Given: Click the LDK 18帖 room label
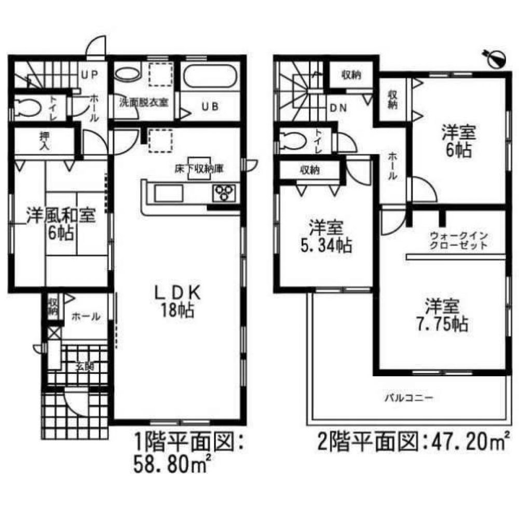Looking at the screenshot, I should coord(176,301).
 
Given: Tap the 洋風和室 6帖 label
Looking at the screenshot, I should coord(61,224).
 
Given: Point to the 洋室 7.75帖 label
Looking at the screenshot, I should coord(442,315).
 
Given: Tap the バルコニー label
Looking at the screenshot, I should coord(408,399).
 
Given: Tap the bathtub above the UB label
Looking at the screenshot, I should coord(211,79).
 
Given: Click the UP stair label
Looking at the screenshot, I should coord(88,74).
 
